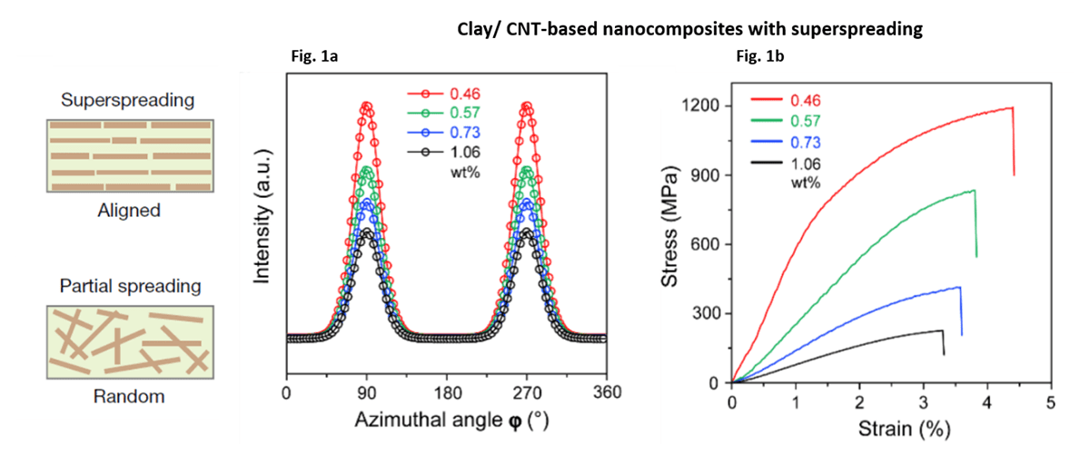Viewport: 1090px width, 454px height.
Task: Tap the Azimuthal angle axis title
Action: tap(445, 421)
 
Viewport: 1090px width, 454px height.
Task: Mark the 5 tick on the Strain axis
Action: tap(1051, 400)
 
